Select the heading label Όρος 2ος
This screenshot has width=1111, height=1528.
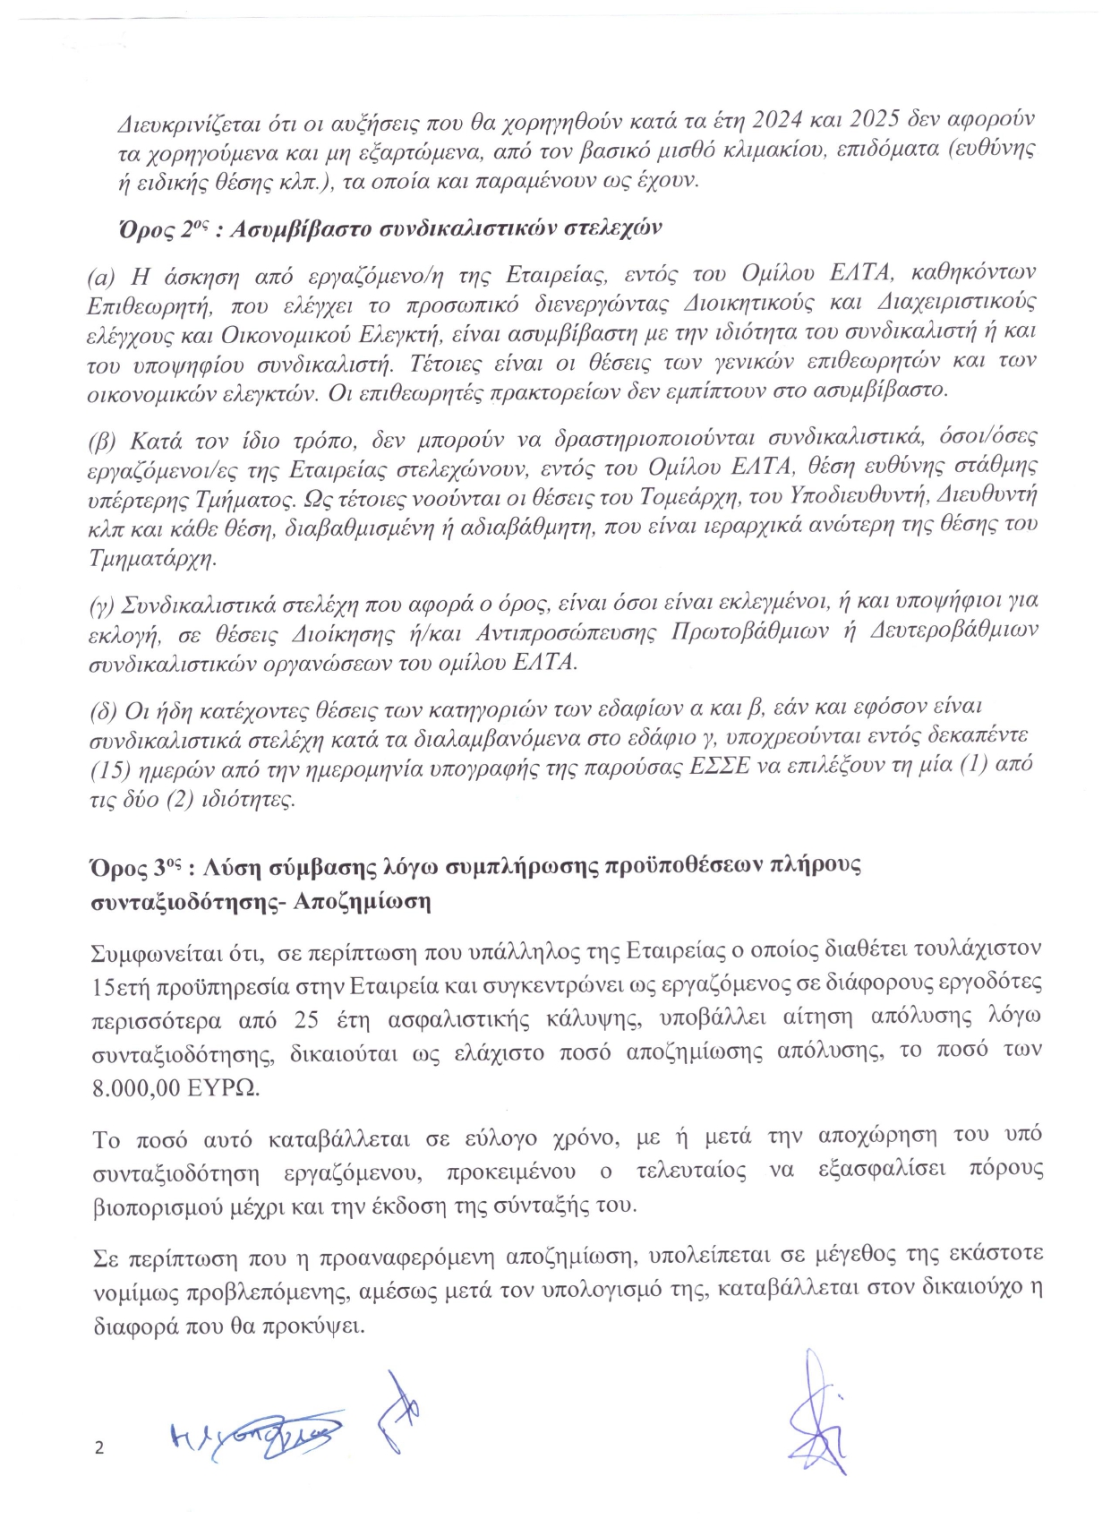tap(156, 227)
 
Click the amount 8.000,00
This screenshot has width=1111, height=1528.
tap(138, 1087)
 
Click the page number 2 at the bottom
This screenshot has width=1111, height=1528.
tap(99, 1448)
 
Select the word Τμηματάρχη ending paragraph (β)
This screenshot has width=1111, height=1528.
tap(153, 558)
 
